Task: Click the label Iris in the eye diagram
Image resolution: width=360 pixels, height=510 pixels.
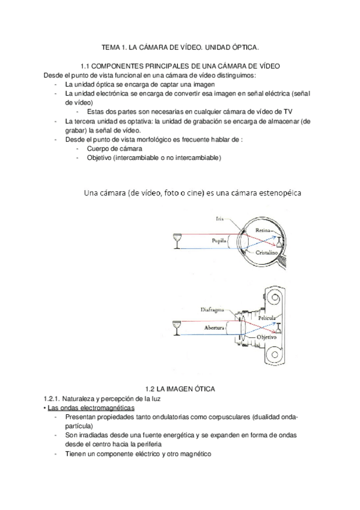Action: point(220,219)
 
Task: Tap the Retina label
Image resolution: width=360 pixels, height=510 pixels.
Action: point(263,230)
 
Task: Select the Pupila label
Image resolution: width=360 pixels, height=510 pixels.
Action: point(219,241)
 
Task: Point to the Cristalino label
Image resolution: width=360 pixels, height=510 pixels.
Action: point(266,253)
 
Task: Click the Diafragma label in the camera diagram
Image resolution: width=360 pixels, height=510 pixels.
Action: point(212,310)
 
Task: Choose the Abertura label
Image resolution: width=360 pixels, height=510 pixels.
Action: point(214,328)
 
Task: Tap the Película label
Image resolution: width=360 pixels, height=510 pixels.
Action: point(267,318)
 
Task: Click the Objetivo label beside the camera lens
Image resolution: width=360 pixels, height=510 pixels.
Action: point(266,337)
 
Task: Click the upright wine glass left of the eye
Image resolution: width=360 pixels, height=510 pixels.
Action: point(177,241)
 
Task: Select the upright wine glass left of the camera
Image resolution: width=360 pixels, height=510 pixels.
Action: point(177,328)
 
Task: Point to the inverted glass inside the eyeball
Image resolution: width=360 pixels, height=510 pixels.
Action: point(279,242)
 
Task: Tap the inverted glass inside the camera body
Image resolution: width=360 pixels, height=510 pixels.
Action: point(278,328)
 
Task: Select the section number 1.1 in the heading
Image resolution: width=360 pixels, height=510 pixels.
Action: point(85,66)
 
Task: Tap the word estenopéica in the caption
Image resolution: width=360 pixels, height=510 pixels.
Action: point(280,193)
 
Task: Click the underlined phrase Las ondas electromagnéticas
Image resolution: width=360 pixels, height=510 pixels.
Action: point(91,408)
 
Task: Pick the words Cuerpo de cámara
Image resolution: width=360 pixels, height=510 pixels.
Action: point(114,149)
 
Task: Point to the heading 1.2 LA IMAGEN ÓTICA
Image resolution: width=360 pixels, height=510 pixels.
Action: point(180,389)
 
